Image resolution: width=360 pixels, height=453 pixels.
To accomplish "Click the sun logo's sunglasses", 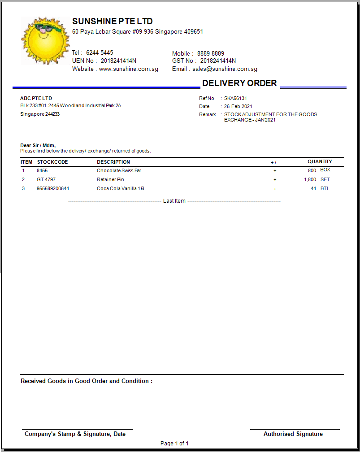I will tap(44, 30).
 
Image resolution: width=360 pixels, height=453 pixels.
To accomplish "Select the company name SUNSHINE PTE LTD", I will tap(112, 21).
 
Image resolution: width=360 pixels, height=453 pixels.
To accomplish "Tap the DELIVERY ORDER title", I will tap(239, 83).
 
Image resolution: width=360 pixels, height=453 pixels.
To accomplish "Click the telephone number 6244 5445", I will tap(100, 52).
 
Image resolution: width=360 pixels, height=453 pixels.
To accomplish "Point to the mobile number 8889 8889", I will tap(211, 53).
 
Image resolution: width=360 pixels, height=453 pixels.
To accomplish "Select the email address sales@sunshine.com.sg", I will tap(225, 69).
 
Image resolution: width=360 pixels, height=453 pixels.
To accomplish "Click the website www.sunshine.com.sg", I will tap(129, 69).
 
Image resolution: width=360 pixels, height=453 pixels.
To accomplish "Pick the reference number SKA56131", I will tap(235, 98).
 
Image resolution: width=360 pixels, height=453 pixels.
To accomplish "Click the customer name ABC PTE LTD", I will tap(36, 98).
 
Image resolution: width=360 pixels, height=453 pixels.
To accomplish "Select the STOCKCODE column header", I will tap(52, 162).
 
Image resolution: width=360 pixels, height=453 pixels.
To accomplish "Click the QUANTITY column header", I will tap(320, 161).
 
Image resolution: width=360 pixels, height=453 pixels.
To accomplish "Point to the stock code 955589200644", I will tap(53, 188).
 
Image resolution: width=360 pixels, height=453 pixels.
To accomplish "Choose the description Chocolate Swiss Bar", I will tap(119, 170).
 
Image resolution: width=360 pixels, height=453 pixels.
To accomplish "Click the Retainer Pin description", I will tap(110, 179).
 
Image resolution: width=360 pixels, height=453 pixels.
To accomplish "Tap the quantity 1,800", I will tap(310, 179).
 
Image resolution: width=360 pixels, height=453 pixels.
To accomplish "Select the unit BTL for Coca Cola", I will tap(325, 188).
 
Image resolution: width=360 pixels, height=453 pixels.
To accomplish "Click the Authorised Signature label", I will tap(293, 434).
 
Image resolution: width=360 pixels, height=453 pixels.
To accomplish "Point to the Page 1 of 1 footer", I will tap(174, 444).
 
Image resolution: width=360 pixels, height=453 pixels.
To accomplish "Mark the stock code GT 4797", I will tap(46, 179).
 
